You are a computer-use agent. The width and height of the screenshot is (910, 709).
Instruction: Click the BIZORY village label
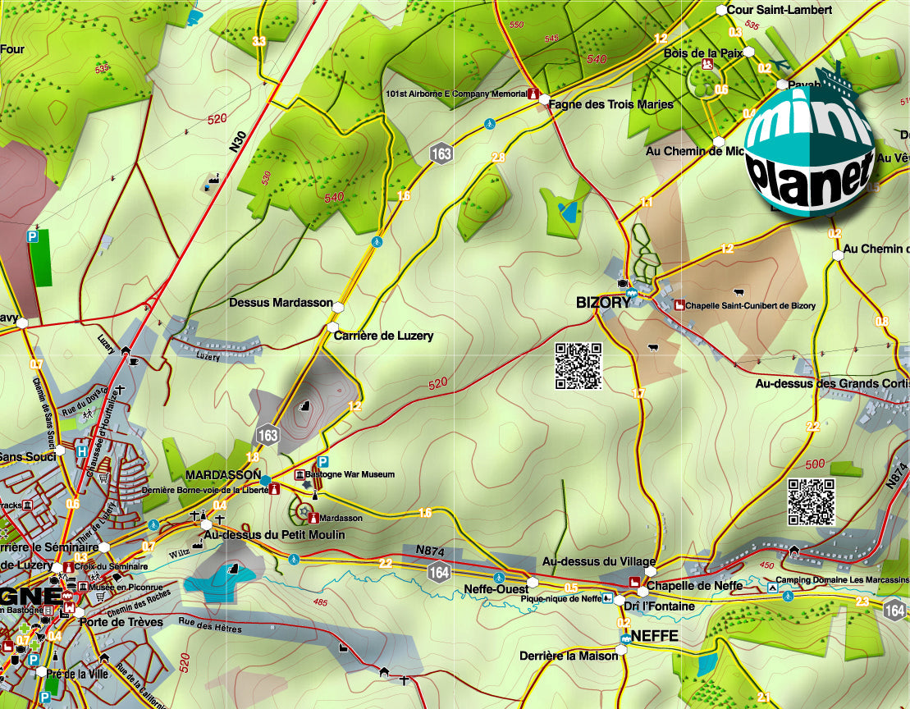(603, 302)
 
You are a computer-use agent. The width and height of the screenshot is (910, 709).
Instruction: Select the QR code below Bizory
(578, 365)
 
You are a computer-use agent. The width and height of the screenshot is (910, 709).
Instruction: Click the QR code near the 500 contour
(812, 501)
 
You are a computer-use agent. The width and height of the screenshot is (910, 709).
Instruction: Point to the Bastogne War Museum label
(350, 474)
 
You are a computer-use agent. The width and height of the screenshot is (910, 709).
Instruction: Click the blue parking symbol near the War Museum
(323, 461)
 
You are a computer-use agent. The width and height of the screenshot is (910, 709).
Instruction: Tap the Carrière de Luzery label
(383, 336)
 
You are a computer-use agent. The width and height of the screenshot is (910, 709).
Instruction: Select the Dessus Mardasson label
(281, 303)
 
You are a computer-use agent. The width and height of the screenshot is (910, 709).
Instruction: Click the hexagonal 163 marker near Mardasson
(268, 435)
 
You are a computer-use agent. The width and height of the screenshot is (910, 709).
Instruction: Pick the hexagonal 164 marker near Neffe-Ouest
(440, 572)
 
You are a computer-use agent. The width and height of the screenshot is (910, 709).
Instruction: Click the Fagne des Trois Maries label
(611, 104)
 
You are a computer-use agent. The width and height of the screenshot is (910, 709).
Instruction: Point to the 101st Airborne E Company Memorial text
(456, 94)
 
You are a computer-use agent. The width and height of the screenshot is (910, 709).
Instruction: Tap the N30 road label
(237, 140)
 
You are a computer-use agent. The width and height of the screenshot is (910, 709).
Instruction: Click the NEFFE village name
(655, 636)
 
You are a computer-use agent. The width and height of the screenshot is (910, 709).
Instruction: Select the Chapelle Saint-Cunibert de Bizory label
(751, 306)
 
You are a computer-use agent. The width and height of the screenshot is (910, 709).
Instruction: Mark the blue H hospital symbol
(82, 451)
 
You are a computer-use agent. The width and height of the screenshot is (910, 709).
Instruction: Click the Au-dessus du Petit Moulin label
(274, 535)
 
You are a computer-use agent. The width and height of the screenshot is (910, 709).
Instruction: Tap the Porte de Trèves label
(121, 622)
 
